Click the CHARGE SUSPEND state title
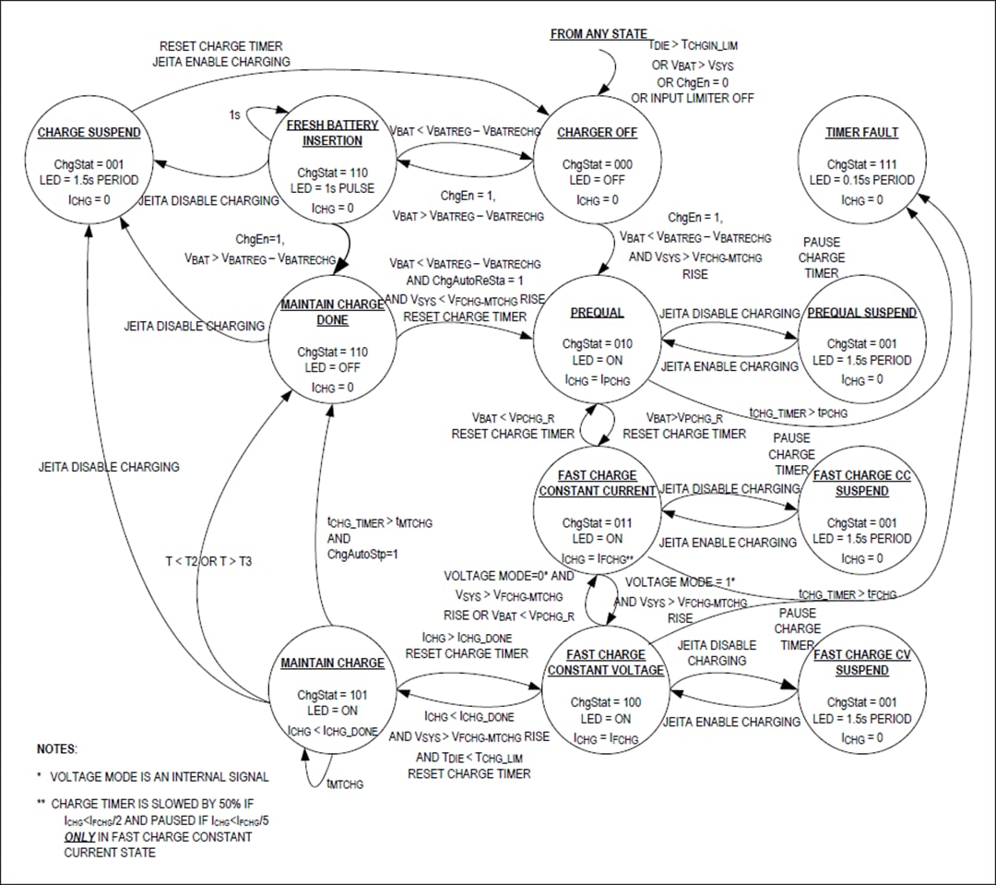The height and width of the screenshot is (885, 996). [x=89, y=133]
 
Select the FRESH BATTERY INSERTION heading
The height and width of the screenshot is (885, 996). [x=333, y=133]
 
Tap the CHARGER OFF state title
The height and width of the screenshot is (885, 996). [x=597, y=133]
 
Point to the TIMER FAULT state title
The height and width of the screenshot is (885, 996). [x=861, y=133]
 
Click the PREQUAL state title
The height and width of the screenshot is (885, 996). [x=598, y=313]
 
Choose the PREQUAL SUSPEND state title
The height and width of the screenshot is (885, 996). [x=861, y=313]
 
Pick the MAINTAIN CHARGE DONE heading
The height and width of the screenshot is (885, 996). [x=333, y=313]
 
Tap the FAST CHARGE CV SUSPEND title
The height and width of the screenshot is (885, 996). [x=861, y=663]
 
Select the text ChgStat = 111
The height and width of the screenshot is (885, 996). [x=861, y=164]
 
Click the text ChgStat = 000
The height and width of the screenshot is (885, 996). [x=598, y=164]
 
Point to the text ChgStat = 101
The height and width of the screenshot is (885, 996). [x=332, y=695]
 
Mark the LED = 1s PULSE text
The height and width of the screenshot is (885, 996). [x=333, y=188]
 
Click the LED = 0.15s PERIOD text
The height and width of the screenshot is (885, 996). [x=861, y=180]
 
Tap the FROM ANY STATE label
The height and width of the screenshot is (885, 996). [x=599, y=34]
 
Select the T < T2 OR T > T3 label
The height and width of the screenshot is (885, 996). [x=208, y=561]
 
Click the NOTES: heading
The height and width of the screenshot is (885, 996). [x=57, y=748]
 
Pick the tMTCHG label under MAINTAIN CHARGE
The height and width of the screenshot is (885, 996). [x=345, y=783]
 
